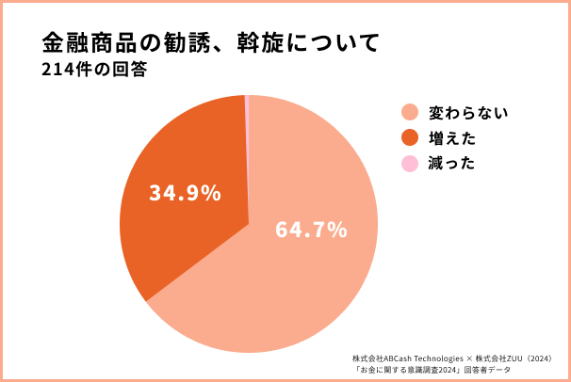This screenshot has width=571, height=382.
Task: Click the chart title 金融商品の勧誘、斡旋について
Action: coord(210,43)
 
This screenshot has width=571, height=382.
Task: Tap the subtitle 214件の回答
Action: coord(94,72)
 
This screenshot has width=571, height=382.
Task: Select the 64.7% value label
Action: coord(311,229)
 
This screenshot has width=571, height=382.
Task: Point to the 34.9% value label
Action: coord(185,193)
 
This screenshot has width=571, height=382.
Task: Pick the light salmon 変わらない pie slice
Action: coord(283,282)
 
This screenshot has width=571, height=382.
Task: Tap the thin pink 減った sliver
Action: coord(246,103)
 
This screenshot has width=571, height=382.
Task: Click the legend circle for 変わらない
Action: coord(409,113)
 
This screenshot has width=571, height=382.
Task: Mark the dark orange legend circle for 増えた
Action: coord(409,138)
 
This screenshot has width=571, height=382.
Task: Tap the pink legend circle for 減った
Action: coord(409,164)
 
